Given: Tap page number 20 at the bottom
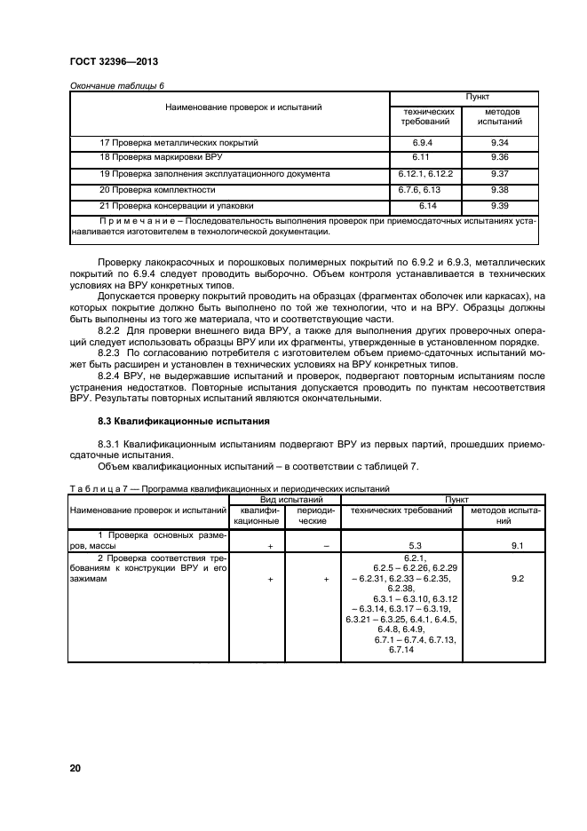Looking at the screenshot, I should click(75, 766).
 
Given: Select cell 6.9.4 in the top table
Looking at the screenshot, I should click(422, 142).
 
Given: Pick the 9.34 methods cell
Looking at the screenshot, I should click(498, 142).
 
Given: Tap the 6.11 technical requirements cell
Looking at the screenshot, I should click(422, 157).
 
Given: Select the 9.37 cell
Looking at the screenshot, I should click(498, 173).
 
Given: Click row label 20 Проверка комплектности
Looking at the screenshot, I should click(157, 189).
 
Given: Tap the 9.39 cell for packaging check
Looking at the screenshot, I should click(498, 205).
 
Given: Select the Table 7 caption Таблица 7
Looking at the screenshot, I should click(94, 488).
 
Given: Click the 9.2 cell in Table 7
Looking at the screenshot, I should click(518, 579).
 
